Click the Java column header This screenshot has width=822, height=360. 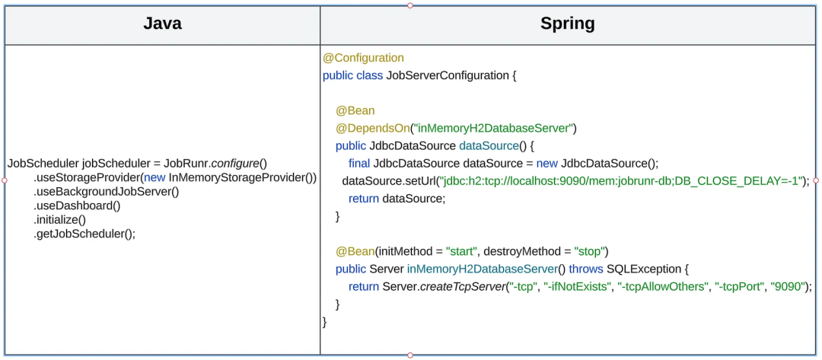[162, 24]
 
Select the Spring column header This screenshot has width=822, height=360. [567, 24]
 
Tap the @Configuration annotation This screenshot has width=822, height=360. [363, 58]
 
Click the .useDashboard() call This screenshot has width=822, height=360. [77, 205]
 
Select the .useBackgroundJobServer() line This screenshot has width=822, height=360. [106, 191]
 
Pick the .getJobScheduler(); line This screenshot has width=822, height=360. [84, 234]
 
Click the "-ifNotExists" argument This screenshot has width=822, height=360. [578, 286]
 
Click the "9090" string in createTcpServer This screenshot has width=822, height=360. [786, 286]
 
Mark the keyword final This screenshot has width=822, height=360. [359, 163]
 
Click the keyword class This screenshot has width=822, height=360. [369, 75]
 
